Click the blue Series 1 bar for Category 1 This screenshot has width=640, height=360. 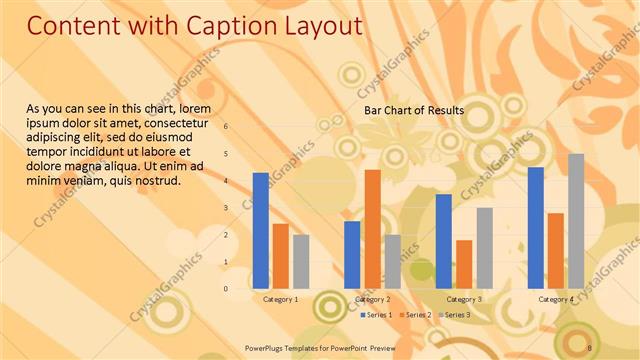(x=261, y=231)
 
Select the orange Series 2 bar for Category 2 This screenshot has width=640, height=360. (x=372, y=229)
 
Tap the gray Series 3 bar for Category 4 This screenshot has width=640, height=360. (x=576, y=221)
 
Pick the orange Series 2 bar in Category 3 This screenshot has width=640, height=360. (x=464, y=264)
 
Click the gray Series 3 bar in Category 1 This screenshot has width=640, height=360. (x=301, y=261)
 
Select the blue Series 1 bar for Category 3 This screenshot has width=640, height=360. (x=444, y=241)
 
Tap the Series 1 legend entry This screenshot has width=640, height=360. (x=375, y=315)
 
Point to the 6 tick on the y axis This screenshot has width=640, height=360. (x=226, y=127)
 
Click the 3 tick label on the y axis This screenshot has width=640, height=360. (x=226, y=208)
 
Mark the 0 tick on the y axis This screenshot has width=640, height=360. (x=226, y=289)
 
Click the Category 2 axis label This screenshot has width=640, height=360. (x=372, y=299)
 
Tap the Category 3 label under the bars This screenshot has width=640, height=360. (x=464, y=299)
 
